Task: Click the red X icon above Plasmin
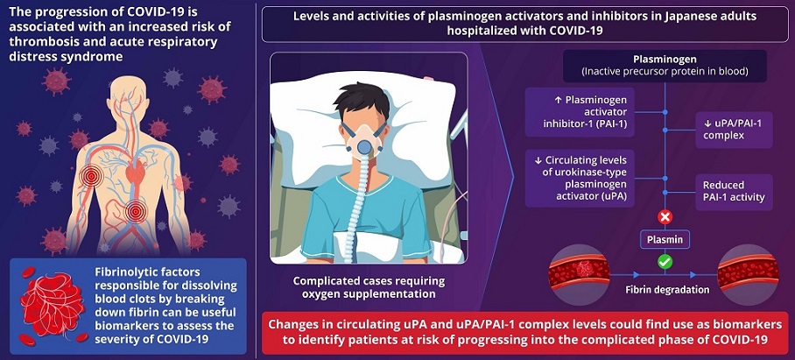(x=665, y=217)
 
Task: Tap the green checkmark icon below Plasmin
(x=665, y=262)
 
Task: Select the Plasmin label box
(x=665, y=240)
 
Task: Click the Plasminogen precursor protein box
(x=665, y=66)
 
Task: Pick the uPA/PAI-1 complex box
(x=735, y=130)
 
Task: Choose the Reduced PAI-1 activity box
(x=735, y=192)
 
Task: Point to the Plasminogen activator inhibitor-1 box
(x=580, y=112)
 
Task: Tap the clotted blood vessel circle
(x=579, y=275)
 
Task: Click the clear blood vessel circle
(x=749, y=275)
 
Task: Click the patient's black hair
(x=362, y=100)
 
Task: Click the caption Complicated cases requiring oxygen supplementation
(x=369, y=287)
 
